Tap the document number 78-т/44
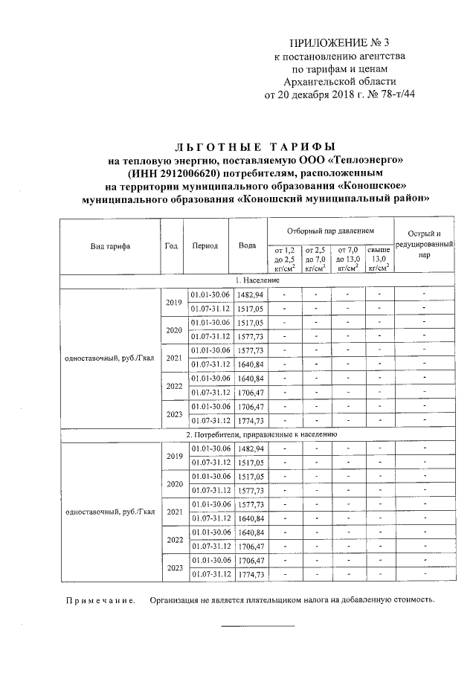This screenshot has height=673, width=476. (x=388, y=94)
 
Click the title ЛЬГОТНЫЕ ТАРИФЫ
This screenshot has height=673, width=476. (x=257, y=146)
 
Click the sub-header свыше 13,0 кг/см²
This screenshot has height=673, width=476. (x=379, y=259)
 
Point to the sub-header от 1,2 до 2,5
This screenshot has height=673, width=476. (x=285, y=259)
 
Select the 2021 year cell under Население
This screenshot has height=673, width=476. (x=173, y=358)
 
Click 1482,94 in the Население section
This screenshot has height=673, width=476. (x=250, y=295)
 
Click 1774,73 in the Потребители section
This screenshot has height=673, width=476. (x=250, y=575)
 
